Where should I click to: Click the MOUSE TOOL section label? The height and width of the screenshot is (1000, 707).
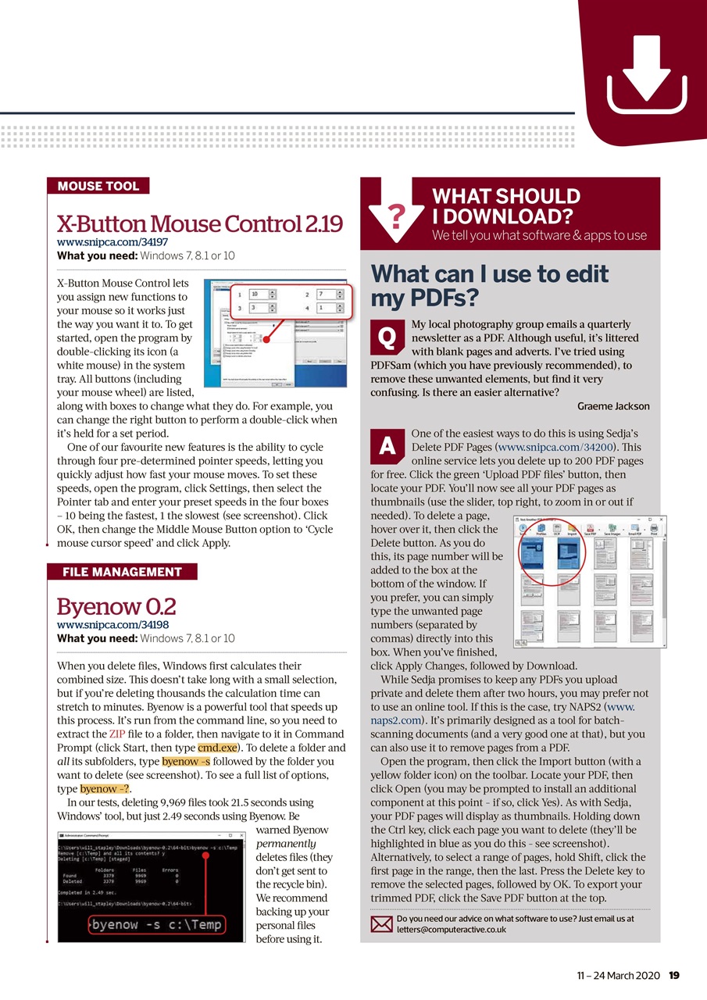pos(98,186)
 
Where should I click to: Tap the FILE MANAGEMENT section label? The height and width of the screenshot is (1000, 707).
pos(122,572)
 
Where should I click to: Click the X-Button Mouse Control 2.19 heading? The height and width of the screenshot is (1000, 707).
pos(200,224)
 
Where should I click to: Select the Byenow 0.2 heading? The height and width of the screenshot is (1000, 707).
pos(116,607)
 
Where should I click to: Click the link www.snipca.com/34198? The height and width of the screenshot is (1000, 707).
pos(112,625)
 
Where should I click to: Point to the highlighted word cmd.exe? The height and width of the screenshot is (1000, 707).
pos(218,748)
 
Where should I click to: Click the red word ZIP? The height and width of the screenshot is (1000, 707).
pos(116,734)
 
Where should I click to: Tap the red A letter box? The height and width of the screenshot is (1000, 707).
pos(386,445)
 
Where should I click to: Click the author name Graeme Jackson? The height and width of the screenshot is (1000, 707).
pos(612,406)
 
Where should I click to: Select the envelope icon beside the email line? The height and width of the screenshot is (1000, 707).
pos(380,925)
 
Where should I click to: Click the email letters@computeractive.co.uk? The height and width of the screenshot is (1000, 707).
pos(452,930)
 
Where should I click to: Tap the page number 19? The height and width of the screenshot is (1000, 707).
pos(674,975)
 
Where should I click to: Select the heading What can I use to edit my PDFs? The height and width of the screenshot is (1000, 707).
pos(489,286)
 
